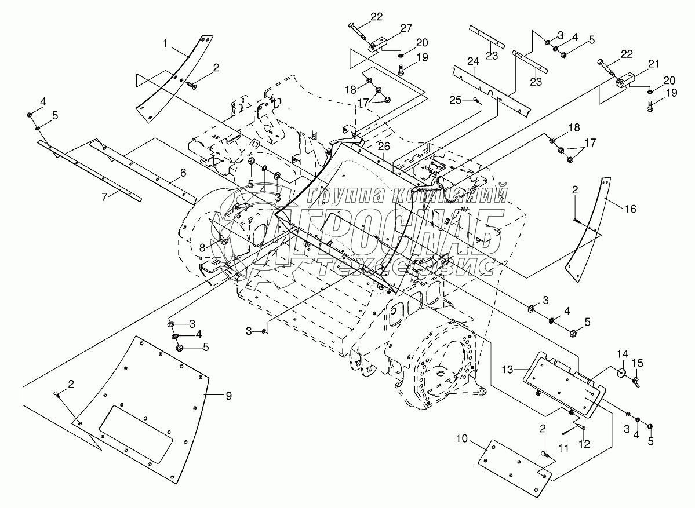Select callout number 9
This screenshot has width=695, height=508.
point(228,396)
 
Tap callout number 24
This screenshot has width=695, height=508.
point(474,61)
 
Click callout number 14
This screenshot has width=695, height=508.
point(622,353)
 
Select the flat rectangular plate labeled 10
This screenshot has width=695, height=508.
point(515,461)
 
